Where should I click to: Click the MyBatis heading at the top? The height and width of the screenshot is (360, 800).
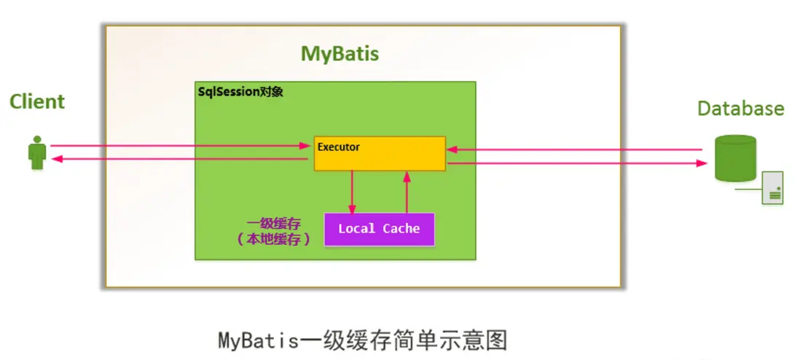340,54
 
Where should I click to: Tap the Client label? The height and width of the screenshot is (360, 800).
37,101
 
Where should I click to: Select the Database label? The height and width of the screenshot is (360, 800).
741,109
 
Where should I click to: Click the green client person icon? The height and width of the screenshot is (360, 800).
36,153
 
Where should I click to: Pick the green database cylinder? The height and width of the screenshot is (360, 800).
735,158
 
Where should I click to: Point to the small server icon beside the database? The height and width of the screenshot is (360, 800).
772,188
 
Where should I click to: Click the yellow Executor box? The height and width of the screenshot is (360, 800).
380,153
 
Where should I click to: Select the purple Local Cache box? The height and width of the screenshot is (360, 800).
379,230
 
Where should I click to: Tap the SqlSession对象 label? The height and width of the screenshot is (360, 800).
240,93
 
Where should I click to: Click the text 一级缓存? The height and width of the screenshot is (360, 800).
274,224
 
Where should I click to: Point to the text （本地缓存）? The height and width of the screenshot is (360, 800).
273,240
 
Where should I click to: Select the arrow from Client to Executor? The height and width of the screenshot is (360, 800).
181,146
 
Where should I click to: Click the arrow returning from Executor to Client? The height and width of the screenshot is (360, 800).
179,160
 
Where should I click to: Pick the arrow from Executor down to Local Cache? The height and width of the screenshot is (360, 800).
351,192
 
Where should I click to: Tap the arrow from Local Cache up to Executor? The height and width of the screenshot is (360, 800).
407,192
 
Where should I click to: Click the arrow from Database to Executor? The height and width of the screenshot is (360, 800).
574,149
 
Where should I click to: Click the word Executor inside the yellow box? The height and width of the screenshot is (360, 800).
338,147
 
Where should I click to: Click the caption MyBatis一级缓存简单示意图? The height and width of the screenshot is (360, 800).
363,340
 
